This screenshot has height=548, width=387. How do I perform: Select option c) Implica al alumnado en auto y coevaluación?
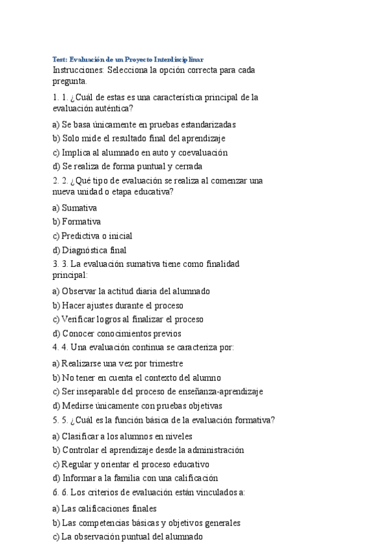[x=140, y=153]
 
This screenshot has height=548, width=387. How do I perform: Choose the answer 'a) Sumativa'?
[x=74, y=208]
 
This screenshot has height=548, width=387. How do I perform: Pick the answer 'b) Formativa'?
[x=76, y=222]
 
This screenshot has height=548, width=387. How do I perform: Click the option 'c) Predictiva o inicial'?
[x=92, y=236]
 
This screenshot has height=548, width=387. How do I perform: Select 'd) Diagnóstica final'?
[x=89, y=250]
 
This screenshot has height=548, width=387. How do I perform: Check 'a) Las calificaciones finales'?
[x=104, y=509]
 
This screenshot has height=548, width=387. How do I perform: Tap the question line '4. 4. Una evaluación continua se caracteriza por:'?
[x=143, y=347]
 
